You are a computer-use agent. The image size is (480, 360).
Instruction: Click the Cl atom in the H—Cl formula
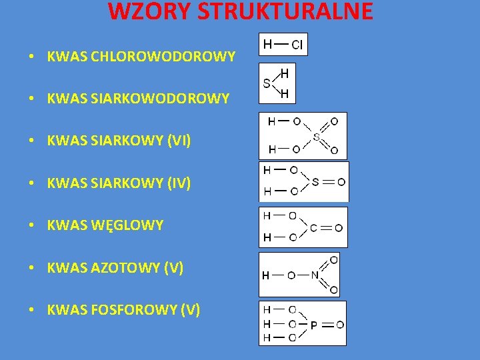tap(297, 45)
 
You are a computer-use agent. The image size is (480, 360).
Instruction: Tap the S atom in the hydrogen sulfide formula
tap(267, 84)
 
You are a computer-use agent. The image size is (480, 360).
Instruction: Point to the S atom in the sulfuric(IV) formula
tap(315, 181)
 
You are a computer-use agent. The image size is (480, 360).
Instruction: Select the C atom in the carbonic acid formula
tap(313, 227)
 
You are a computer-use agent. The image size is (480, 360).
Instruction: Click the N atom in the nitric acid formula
tap(314, 275)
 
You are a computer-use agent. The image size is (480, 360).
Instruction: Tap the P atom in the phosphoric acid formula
tap(313, 325)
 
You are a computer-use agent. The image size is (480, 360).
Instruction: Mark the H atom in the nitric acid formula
tap(265, 275)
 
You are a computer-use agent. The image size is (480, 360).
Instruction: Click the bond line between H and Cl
tap(281, 45)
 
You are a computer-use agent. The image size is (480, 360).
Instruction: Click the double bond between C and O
tap(326, 227)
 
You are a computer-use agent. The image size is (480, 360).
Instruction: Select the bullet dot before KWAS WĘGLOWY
tap(31, 225)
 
